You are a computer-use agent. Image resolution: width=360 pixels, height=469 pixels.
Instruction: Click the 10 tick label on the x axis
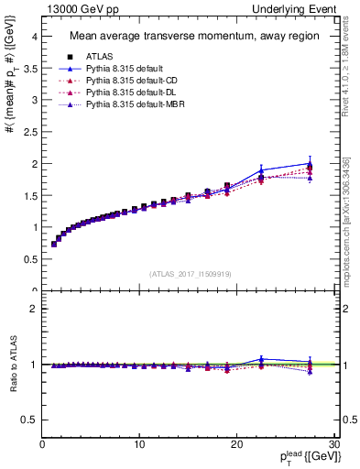click(139, 443)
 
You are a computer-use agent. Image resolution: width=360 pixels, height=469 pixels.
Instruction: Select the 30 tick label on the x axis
click(334, 443)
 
